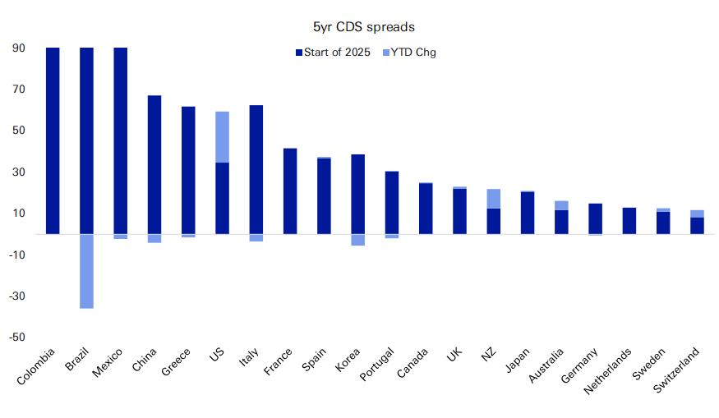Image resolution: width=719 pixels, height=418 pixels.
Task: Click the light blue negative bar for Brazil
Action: coord(86,271)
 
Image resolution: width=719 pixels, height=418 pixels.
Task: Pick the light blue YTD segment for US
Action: coord(222,137)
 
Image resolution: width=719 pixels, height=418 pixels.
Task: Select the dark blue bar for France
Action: coord(290,191)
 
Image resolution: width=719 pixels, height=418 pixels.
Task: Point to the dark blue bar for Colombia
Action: coord(53,141)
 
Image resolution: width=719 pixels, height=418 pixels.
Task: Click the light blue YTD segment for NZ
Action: coord(493,199)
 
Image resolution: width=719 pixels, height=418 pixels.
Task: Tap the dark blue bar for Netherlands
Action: coord(629,221)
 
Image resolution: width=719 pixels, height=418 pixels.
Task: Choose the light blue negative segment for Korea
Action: coord(357,240)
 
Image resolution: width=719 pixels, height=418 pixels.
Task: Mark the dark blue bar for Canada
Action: coord(426,209)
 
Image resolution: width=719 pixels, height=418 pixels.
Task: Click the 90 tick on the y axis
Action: coord(17,48)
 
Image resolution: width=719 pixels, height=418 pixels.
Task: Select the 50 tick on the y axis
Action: coord(17,131)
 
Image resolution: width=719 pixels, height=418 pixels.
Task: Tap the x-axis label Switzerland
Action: coord(678,370)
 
